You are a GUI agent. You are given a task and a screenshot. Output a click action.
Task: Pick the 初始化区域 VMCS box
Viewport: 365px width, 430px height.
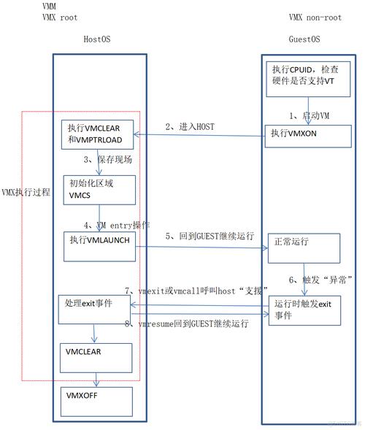[98, 190]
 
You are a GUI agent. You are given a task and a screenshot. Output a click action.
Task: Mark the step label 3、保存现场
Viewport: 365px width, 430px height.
[107, 159]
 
